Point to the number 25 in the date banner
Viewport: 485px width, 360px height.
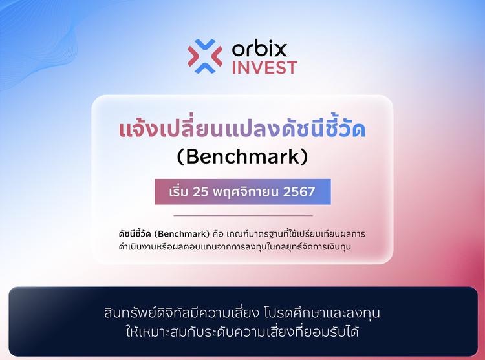(x=207, y=192)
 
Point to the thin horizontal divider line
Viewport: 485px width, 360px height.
(x=242, y=215)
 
